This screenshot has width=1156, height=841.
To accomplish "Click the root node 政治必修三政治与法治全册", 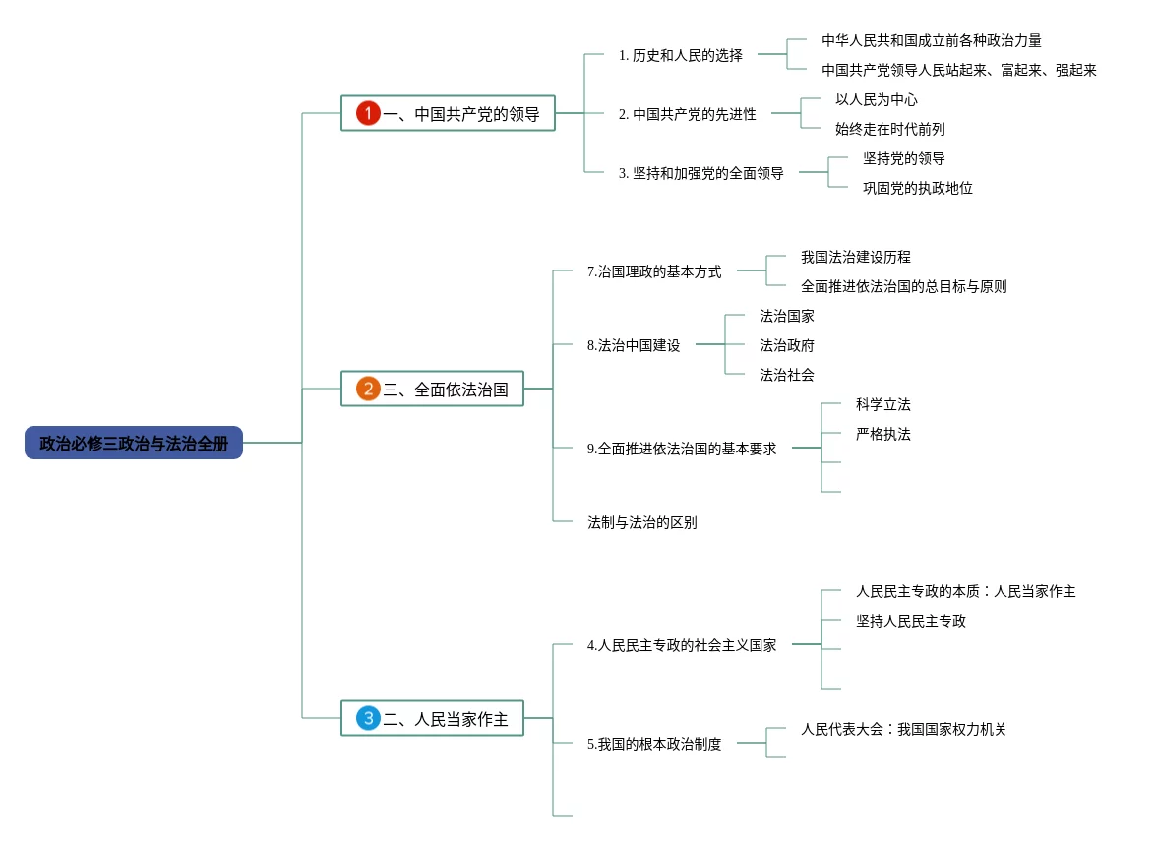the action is click(x=134, y=443).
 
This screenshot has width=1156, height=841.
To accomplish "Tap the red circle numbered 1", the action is click(x=368, y=113).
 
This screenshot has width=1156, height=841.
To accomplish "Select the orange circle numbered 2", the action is click(x=368, y=389).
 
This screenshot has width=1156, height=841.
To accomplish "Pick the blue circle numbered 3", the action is click(x=368, y=718).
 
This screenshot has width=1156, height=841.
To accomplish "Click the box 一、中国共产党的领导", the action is click(x=448, y=113).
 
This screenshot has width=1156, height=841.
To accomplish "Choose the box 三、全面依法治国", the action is click(x=432, y=389).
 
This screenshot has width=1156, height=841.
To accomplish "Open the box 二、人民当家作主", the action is click(x=432, y=718).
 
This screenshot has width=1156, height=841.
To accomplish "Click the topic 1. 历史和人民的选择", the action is click(x=681, y=55).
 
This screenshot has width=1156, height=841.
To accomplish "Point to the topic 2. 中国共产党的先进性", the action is click(x=687, y=114).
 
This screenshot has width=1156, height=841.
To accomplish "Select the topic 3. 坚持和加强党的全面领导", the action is click(x=701, y=173).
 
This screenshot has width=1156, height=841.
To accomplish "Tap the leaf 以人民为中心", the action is click(x=877, y=99).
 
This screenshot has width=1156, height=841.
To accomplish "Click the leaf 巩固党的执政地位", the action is click(x=918, y=188).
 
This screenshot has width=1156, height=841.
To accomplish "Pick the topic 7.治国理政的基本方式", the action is click(x=654, y=272).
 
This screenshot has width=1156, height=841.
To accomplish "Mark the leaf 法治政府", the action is click(x=787, y=345).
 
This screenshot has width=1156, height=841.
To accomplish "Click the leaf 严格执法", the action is click(x=883, y=434).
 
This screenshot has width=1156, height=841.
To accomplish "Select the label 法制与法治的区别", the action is click(x=642, y=522).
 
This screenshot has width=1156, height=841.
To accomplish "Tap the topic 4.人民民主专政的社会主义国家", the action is click(x=682, y=645).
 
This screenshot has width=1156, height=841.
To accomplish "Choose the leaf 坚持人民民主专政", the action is click(x=911, y=622).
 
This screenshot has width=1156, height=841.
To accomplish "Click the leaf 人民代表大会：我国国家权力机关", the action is click(x=904, y=730).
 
